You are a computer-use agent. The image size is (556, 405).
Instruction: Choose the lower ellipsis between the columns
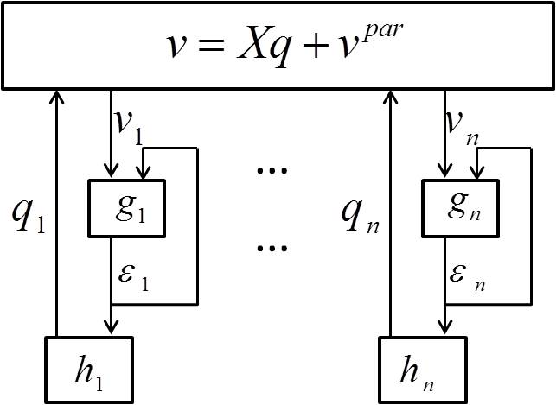(272, 248)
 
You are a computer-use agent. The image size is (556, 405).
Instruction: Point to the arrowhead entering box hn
(444, 329)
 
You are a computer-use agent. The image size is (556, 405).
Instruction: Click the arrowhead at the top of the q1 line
(57, 95)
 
